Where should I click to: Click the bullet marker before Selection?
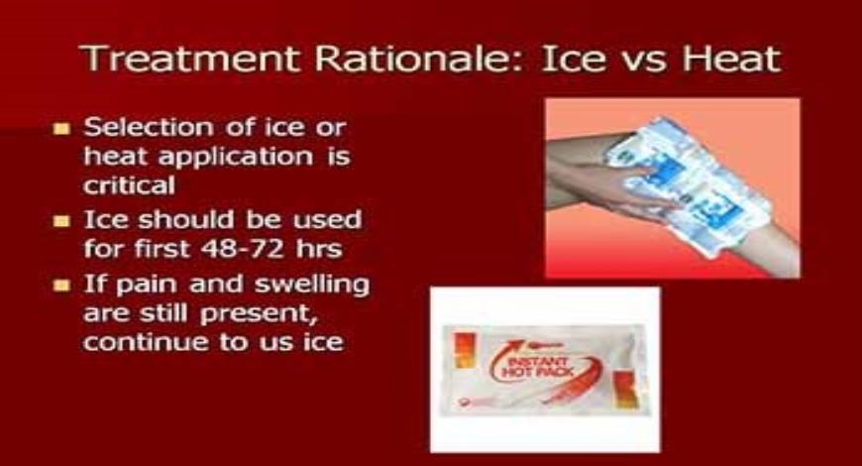[64, 129]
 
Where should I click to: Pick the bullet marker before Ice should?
[64, 220]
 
